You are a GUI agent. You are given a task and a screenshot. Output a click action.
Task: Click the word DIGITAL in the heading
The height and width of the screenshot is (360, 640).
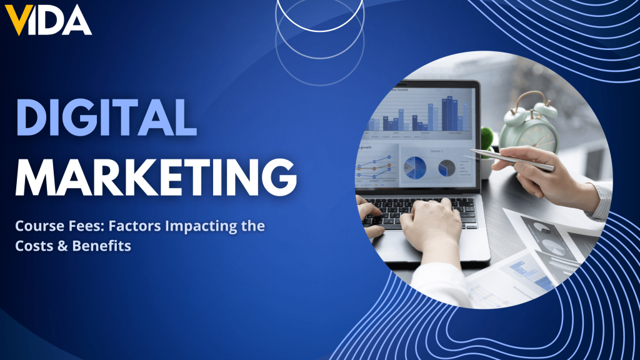[106, 119]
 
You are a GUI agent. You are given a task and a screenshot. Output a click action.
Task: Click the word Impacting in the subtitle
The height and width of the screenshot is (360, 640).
[193, 226]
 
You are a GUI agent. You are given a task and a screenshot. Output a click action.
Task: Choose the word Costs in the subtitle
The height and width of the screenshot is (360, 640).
[34, 246]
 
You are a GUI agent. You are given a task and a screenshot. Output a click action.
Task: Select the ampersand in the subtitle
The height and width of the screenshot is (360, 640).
[62, 246]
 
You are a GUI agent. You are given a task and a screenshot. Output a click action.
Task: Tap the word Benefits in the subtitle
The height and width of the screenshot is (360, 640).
[101, 246]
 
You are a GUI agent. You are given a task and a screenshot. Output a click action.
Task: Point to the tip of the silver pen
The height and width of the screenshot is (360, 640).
[472, 151]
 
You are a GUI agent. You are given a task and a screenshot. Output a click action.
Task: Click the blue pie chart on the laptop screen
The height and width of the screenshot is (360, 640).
[415, 167]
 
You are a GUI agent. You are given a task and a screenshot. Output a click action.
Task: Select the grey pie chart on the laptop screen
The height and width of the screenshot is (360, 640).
[446, 167]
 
